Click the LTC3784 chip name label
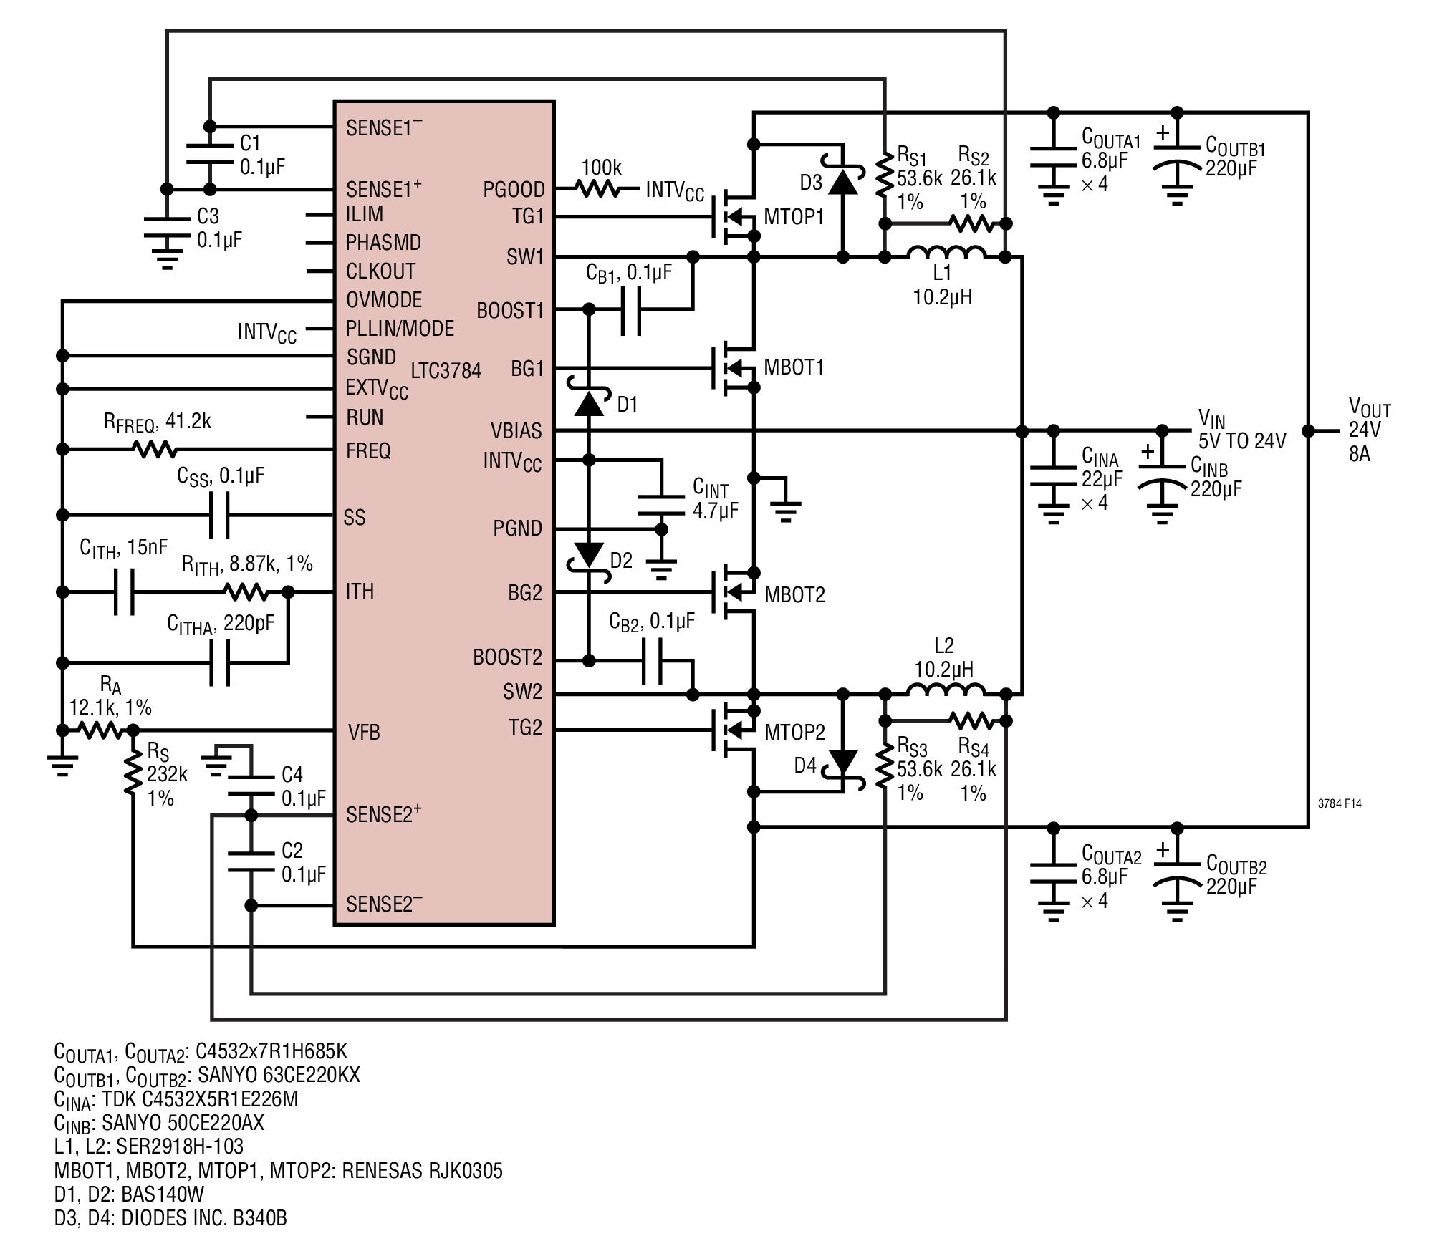point(446,371)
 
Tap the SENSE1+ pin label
point(383,189)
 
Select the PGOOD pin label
point(514,190)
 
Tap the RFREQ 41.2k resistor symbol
point(155,450)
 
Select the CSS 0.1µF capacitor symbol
point(219,515)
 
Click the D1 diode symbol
point(590,403)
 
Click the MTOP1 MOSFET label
point(794,217)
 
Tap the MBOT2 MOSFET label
point(794,594)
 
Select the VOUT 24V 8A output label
point(1368,430)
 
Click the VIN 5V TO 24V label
point(1241,430)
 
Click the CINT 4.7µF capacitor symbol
point(662,505)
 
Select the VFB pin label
point(363,732)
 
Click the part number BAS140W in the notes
point(163,1194)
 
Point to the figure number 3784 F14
point(1339,803)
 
